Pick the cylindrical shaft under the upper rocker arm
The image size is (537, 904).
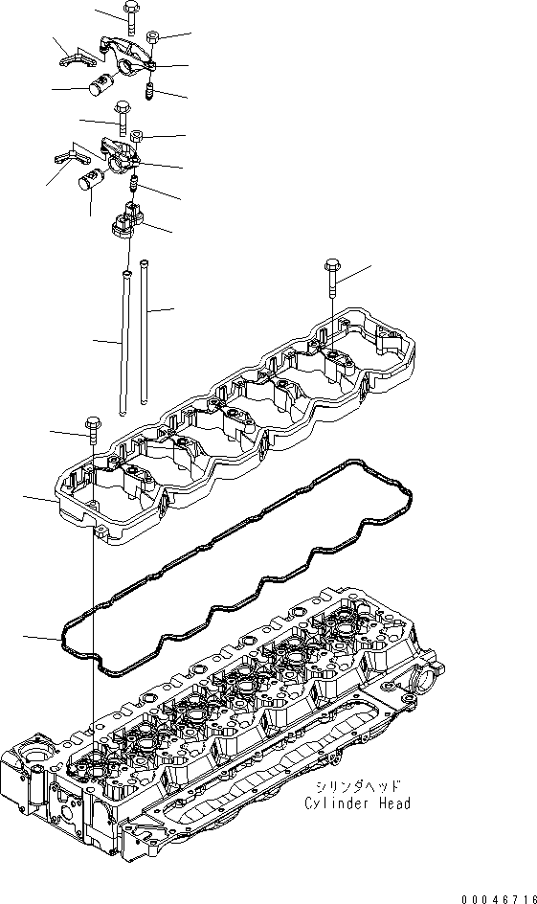click(x=97, y=86)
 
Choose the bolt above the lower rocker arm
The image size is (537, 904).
click(x=121, y=117)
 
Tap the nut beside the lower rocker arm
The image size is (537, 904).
click(x=138, y=134)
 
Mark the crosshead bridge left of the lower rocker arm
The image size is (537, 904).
click(x=64, y=154)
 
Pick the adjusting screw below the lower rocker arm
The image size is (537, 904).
click(x=135, y=181)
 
